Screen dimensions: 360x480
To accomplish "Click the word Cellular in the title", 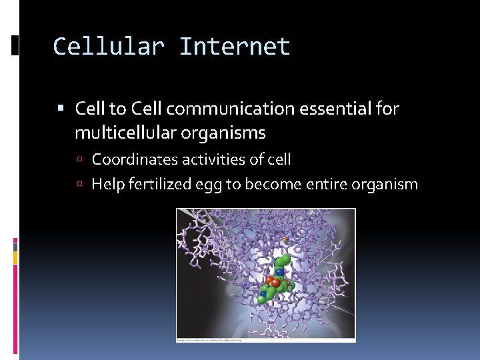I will pyautogui.click(x=109, y=47).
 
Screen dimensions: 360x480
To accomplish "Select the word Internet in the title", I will pyautogui.click(x=235, y=47).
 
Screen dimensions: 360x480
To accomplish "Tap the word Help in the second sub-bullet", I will pyautogui.click(x=107, y=184).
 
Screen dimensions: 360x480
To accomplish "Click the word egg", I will pyautogui.click(x=206, y=185).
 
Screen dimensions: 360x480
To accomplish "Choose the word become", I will pyautogui.click(x=270, y=184).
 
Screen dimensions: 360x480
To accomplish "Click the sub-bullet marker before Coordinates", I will pyautogui.click(x=79, y=160).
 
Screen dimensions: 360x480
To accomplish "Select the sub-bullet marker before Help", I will pyautogui.click(x=79, y=185).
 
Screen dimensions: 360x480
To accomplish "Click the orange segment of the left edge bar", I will pyautogui.click(x=15, y=257).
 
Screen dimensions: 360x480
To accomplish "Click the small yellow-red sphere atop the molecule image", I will pyautogui.click(x=285, y=239).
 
